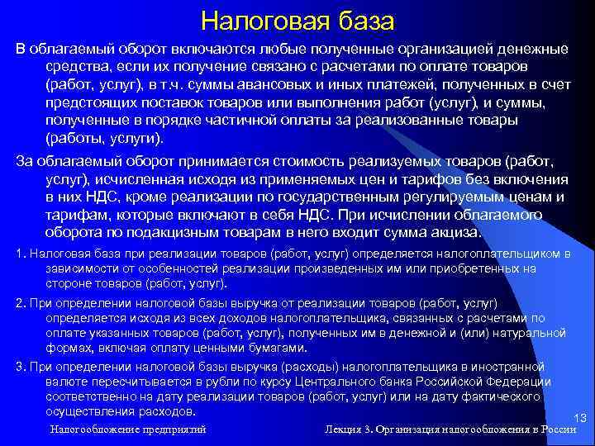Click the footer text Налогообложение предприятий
[128, 429]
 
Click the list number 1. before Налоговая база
[21, 254]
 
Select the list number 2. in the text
[21, 302]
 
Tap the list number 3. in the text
[21, 366]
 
